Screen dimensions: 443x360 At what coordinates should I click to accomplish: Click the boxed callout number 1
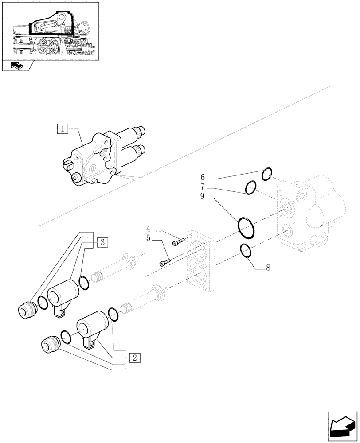coord(63,129)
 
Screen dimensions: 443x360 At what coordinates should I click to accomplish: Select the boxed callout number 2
coord(135,357)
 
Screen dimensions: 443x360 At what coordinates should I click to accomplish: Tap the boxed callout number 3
coord(102,242)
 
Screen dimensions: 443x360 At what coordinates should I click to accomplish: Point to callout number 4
coord(149,229)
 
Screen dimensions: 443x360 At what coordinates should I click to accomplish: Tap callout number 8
coord(268,268)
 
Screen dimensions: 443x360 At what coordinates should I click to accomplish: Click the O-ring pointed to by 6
coord(266,174)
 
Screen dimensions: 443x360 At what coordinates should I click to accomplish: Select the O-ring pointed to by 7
coord(251,187)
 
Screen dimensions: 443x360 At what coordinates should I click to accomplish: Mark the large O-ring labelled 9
coord(247,227)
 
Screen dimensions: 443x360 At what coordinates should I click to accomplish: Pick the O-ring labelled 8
coord(247,250)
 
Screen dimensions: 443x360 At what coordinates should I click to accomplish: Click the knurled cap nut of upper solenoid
coord(28,309)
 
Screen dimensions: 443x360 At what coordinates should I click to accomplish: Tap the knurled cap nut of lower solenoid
coord(50,344)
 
